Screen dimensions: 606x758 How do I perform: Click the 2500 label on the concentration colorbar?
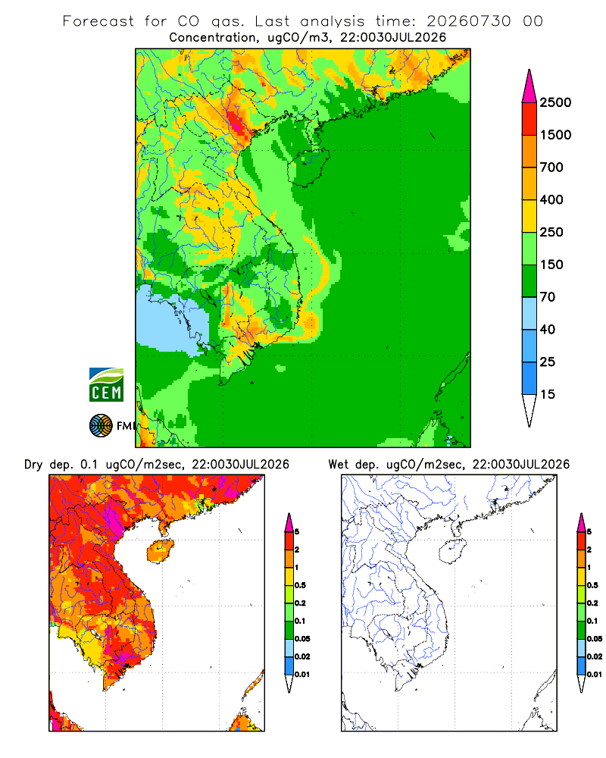coord(555,102)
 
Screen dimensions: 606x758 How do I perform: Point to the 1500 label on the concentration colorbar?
coord(555,135)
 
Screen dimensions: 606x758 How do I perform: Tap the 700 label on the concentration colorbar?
coord(551,168)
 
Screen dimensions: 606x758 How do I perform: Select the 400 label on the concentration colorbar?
coord(551,199)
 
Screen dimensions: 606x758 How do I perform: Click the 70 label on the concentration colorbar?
coord(548,297)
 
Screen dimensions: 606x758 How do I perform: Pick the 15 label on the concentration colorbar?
coord(548,394)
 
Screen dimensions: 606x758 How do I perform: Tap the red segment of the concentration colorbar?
coord(529,119)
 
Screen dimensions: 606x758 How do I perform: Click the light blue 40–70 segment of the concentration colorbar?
coord(529,313)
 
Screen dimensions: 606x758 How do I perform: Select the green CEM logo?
coord(106,385)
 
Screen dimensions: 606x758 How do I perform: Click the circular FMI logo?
coord(101,426)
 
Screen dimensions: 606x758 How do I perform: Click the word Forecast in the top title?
coord(98,21)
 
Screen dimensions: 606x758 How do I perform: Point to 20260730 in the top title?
coord(468,21)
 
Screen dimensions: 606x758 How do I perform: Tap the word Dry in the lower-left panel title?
coord(33,465)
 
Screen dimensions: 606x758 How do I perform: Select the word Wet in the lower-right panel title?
coord(339,465)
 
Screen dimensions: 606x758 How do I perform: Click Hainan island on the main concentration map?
coord(308,167)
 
